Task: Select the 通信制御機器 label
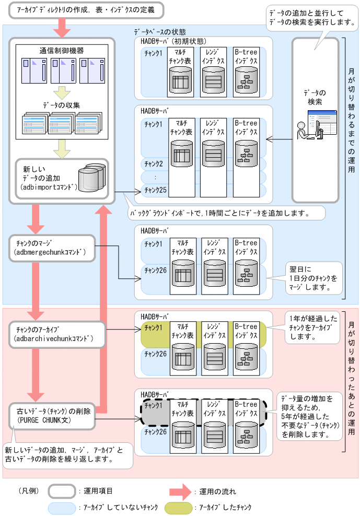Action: click(62, 51)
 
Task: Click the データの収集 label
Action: click(62, 105)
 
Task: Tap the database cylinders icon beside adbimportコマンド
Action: click(91, 178)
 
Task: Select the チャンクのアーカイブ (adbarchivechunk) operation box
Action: click(56, 334)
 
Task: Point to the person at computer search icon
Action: click(311, 126)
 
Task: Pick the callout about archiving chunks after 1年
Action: click(312, 327)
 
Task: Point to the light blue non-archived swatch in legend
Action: click(62, 507)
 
